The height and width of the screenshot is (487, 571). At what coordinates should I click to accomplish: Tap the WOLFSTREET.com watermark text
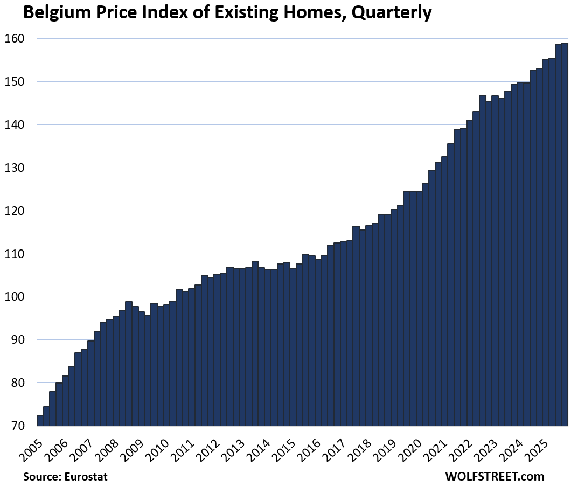(x=495, y=477)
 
